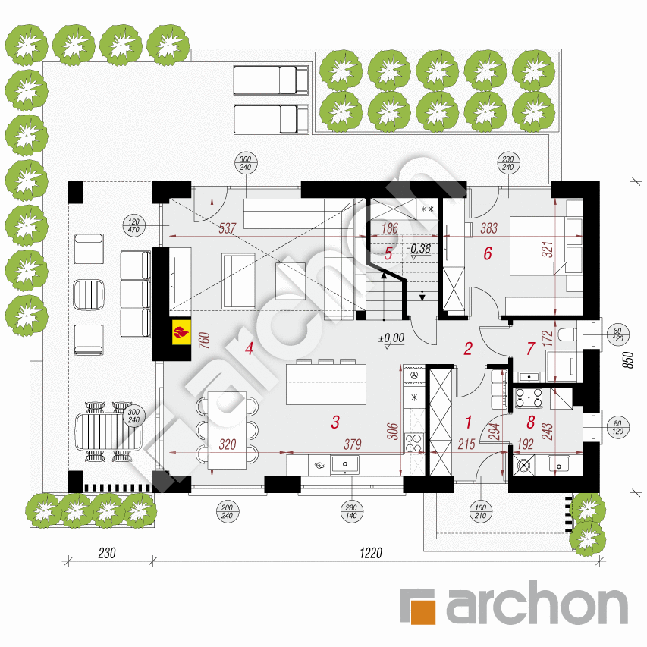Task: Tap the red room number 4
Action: click(x=248, y=348)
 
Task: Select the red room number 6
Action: click(x=488, y=253)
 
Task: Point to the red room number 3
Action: click(x=334, y=422)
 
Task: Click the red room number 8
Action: click(x=530, y=422)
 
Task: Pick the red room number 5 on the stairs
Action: click(x=388, y=253)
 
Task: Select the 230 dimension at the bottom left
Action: click(x=107, y=554)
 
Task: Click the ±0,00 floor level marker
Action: click(x=392, y=338)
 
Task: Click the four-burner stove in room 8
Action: click(x=529, y=397)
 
